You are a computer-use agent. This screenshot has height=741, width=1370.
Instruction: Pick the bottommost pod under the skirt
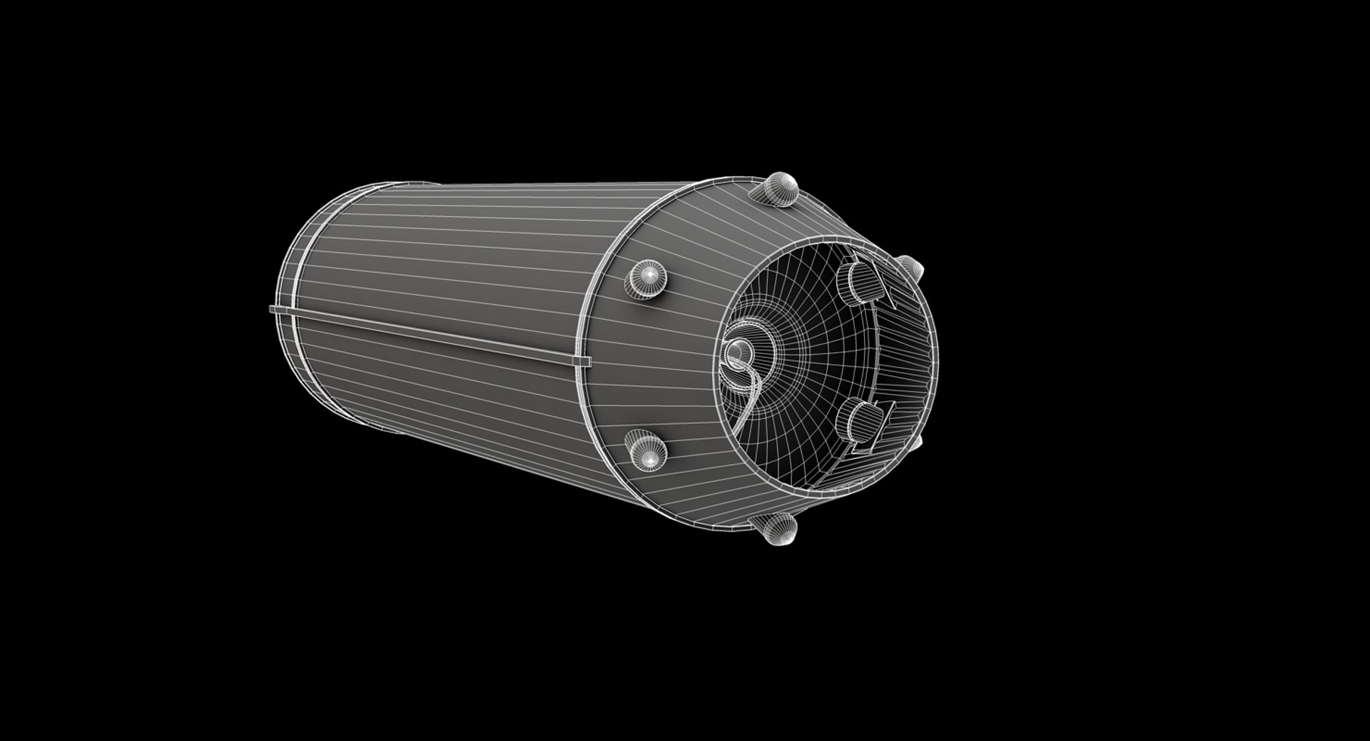(776, 528)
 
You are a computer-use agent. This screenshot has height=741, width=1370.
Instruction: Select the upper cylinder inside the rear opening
(860, 282)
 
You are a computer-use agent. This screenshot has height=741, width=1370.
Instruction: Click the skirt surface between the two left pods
(653, 364)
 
